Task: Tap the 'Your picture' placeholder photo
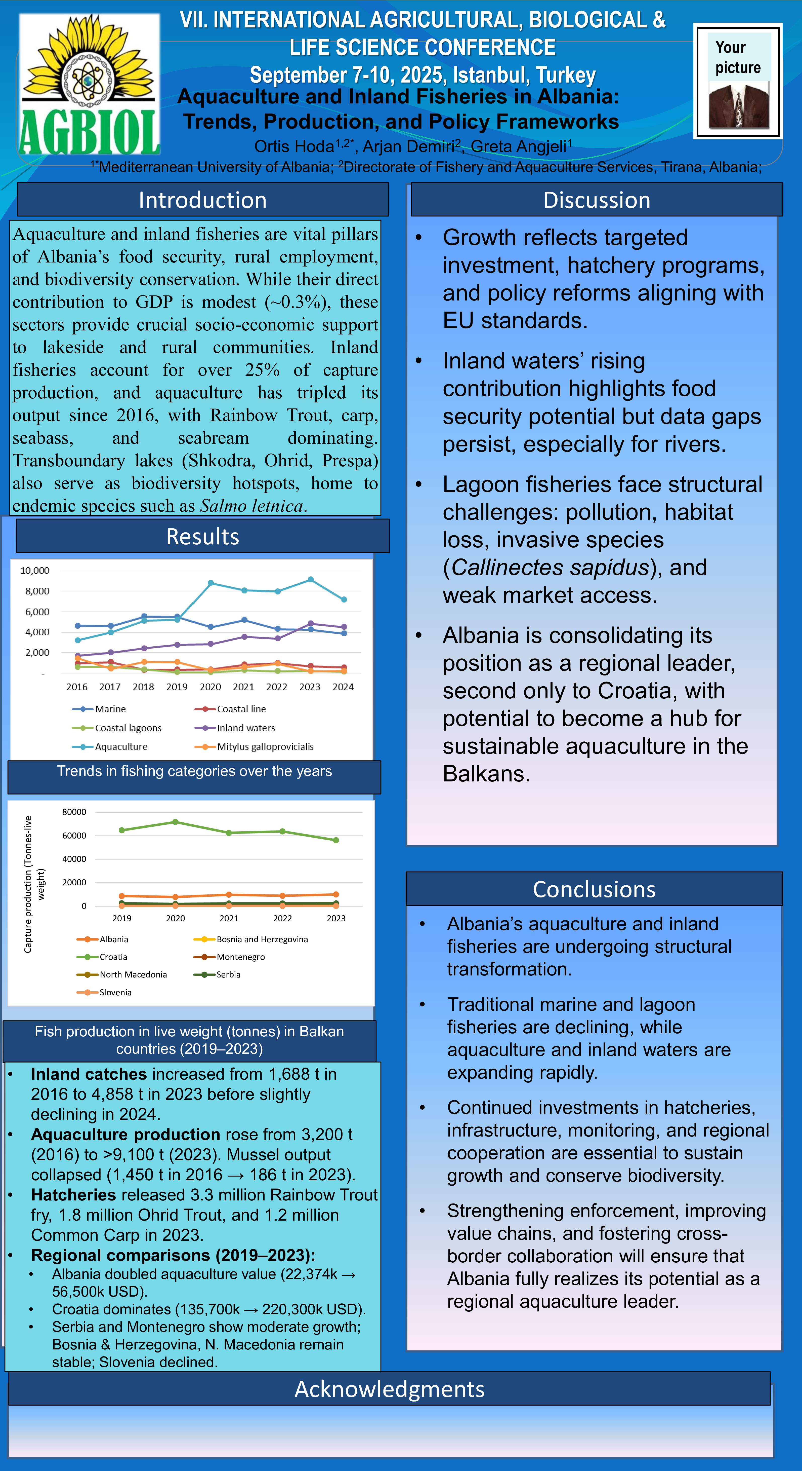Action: [x=738, y=81]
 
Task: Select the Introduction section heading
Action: [x=203, y=200]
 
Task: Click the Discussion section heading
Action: [x=597, y=200]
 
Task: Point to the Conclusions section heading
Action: [x=594, y=889]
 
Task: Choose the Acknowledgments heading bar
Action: [x=389, y=1389]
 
